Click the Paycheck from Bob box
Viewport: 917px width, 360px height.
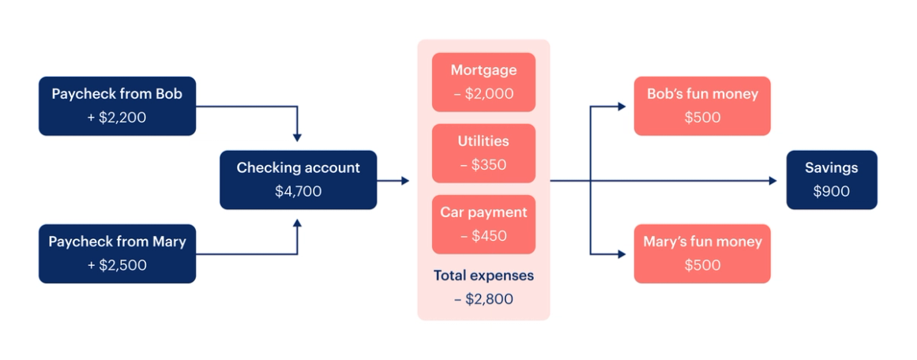click(x=118, y=106)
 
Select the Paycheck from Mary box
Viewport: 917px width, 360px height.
click(x=118, y=253)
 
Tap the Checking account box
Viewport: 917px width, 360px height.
click(x=299, y=180)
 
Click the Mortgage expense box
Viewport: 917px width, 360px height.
click(x=483, y=82)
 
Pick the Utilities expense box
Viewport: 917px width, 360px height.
click(x=483, y=153)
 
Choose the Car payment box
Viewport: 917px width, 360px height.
click(x=483, y=224)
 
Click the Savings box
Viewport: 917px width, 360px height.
click(x=832, y=180)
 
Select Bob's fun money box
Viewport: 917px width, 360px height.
click(x=702, y=106)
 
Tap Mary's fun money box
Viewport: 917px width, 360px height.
click(x=702, y=253)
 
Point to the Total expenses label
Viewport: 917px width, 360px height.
click(x=483, y=276)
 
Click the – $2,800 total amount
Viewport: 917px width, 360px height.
click(x=483, y=299)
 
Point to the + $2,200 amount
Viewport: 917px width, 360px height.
click(x=117, y=118)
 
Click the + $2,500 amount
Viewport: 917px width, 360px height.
click(x=117, y=265)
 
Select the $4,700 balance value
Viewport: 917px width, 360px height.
click(x=299, y=192)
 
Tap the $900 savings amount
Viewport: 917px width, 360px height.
click(x=832, y=192)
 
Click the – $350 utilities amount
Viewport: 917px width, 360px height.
click(x=483, y=165)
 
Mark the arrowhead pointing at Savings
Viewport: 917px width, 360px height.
click(x=773, y=181)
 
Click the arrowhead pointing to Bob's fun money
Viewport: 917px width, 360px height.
click(x=622, y=107)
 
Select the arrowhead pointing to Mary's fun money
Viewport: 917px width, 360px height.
click(x=622, y=254)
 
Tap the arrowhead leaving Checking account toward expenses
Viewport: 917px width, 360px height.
click(x=405, y=181)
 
